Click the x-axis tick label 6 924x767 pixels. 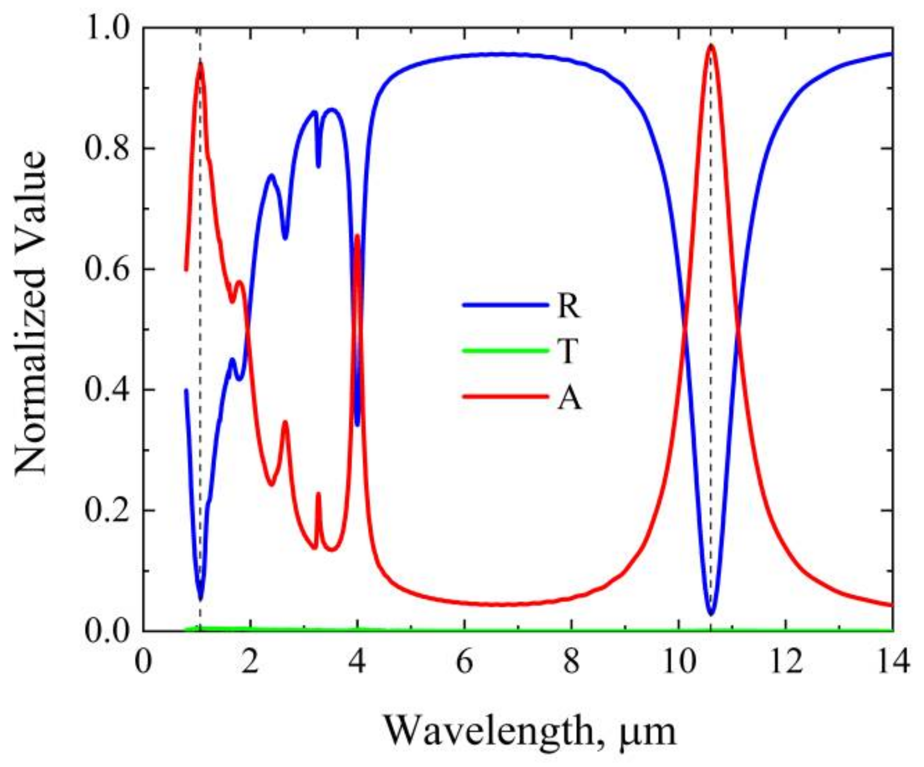[465, 663]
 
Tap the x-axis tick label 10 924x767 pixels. [679, 663]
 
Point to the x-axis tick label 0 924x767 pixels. [143, 663]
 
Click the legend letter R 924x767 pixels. [568, 306]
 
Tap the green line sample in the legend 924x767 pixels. [505, 350]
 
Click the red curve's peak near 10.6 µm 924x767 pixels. [711, 46]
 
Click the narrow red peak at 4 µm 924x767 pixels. [357, 236]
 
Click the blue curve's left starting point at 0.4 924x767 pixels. [187, 391]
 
